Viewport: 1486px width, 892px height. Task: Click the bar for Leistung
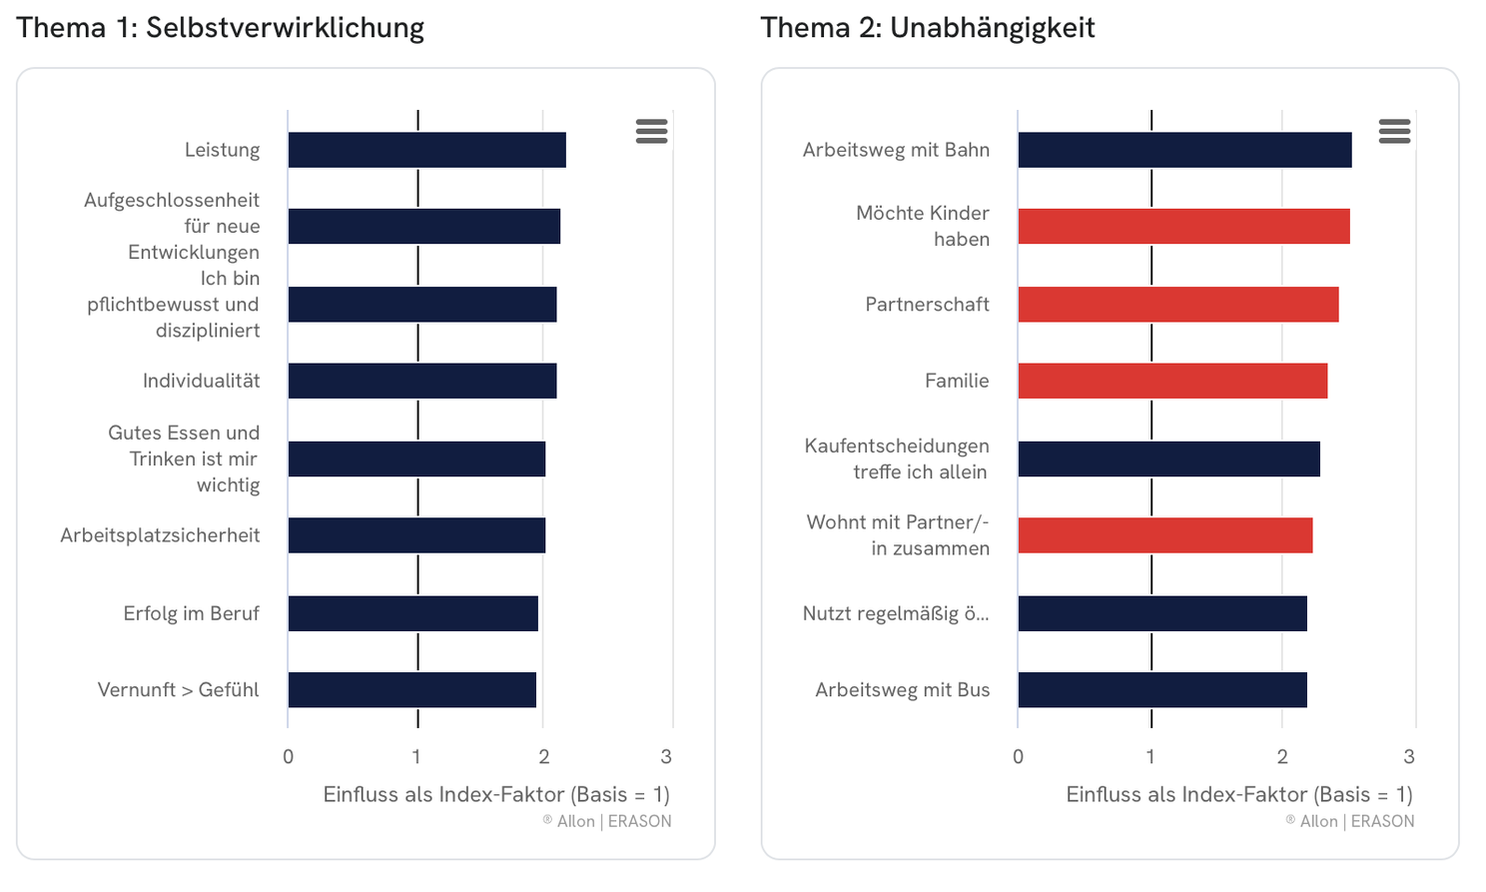(x=426, y=150)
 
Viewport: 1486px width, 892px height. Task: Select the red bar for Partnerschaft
(x=1177, y=305)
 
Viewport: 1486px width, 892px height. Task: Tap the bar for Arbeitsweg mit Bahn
(x=1184, y=150)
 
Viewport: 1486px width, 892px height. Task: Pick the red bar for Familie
(x=1172, y=381)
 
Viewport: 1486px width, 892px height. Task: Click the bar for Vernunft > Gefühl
(x=411, y=690)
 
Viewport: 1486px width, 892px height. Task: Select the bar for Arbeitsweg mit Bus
(x=1161, y=690)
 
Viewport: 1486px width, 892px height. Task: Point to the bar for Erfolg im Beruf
(x=412, y=613)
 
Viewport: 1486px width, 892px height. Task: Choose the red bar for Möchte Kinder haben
(x=1183, y=227)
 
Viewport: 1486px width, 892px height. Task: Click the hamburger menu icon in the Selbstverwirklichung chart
(x=651, y=131)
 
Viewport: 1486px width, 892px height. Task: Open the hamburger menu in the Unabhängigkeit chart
(x=1394, y=131)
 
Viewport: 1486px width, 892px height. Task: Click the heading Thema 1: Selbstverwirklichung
(x=221, y=28)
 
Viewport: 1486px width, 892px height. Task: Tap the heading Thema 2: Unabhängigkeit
(x=927, y=28)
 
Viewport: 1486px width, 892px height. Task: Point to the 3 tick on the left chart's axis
(x=666, y=757)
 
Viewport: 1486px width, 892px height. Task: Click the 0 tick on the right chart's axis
(x=1018, y=757)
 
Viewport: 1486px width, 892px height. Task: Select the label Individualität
(x=201, y=381)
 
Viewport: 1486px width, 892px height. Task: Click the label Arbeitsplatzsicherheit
(x=160, y=535)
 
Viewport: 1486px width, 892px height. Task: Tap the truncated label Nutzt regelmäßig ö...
(x=896, y=613)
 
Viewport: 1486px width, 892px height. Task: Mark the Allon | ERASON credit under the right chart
(x=1349, y=821)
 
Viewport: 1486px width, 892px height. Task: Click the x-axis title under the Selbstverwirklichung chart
(x=496, y=795)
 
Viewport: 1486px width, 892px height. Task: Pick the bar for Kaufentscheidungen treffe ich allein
(x=1168, y=459)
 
